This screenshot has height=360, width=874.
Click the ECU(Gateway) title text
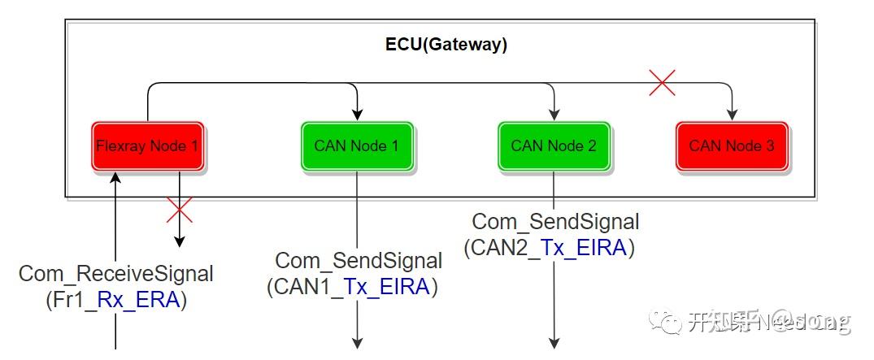coord(446,45)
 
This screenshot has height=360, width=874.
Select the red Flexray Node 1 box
coord(147,147)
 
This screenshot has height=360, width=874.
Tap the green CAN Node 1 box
coord(357,147)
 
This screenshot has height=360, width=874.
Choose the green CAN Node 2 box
coord(554,147)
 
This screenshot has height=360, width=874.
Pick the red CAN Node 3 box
coord(732,147)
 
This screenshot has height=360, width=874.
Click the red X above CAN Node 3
coord(662,82)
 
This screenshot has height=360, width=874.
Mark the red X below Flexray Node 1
coord(179,209)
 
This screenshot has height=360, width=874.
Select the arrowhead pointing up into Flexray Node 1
coord(116,178)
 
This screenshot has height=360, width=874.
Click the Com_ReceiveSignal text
coord(116,274)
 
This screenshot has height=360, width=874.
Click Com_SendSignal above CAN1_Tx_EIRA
coord(359,261)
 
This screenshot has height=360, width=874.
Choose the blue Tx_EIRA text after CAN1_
coord(386,286)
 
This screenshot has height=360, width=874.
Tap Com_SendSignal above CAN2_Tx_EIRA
coord(555,221)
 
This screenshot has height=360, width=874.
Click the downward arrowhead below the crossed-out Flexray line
coord(179,241)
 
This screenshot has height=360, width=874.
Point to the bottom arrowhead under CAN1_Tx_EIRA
coord(357,343)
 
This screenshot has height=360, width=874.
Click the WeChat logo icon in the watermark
coord(672,323)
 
